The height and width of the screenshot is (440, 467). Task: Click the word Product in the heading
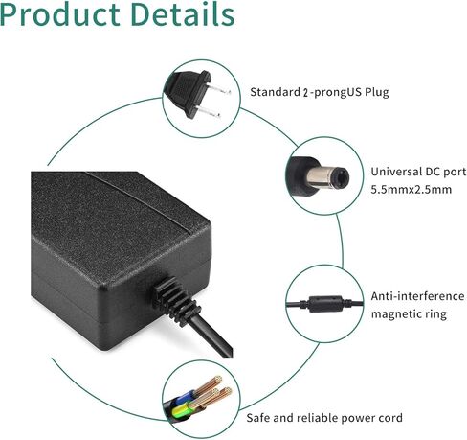click(60, 14)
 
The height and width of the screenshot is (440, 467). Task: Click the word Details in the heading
click(183, 13)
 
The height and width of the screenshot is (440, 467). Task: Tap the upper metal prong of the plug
click(219, 89)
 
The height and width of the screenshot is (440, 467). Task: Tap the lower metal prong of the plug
click(209, 112)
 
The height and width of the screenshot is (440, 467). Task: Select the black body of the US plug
click(188, 93)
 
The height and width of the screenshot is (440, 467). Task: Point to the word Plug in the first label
click(377, 93)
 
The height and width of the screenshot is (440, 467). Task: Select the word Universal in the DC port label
click(396, 172)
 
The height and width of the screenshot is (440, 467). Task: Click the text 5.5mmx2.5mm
click(411, 190)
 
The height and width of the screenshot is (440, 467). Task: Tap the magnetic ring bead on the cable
click(325, 304)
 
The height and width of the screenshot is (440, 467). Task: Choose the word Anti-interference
click(417, 296)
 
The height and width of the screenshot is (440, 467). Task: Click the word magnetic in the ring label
click(395, 314)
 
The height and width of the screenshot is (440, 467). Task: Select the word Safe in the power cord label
click(257, 418)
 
